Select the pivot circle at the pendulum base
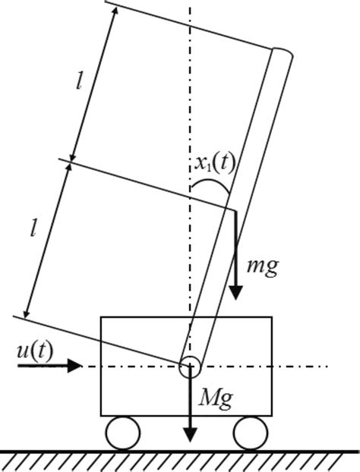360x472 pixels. pos(188,367)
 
